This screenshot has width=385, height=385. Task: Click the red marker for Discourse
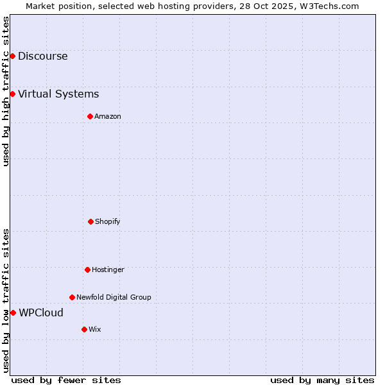pos(12,56)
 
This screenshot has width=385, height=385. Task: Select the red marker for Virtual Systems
pos(12,94)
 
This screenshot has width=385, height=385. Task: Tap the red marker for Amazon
pos(90,116)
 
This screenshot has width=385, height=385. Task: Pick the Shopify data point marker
pos(90,221)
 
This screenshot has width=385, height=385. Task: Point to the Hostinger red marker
pos(87,269)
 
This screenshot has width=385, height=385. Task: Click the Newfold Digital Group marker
pos(72,297)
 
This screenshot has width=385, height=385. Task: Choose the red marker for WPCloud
pos(13,312)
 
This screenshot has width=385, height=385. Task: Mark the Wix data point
pos(84,329)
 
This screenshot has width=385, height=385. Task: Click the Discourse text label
pos(42,56)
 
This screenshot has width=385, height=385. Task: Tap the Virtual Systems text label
pos(58,94)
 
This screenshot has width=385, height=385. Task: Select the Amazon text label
pos(108,116)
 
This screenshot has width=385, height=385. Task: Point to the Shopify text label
pos(108,221)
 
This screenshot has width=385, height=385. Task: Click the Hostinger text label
pos(108,269)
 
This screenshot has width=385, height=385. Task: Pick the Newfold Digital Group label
pos(114,297)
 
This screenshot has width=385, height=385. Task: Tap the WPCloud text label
pos(41,312)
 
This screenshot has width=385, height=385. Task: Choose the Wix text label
pos(95,329)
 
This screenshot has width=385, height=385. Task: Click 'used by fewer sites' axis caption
pos(66,380)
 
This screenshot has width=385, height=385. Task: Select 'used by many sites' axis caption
pos(322,380)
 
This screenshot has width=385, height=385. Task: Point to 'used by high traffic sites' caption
pos(6,91)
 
